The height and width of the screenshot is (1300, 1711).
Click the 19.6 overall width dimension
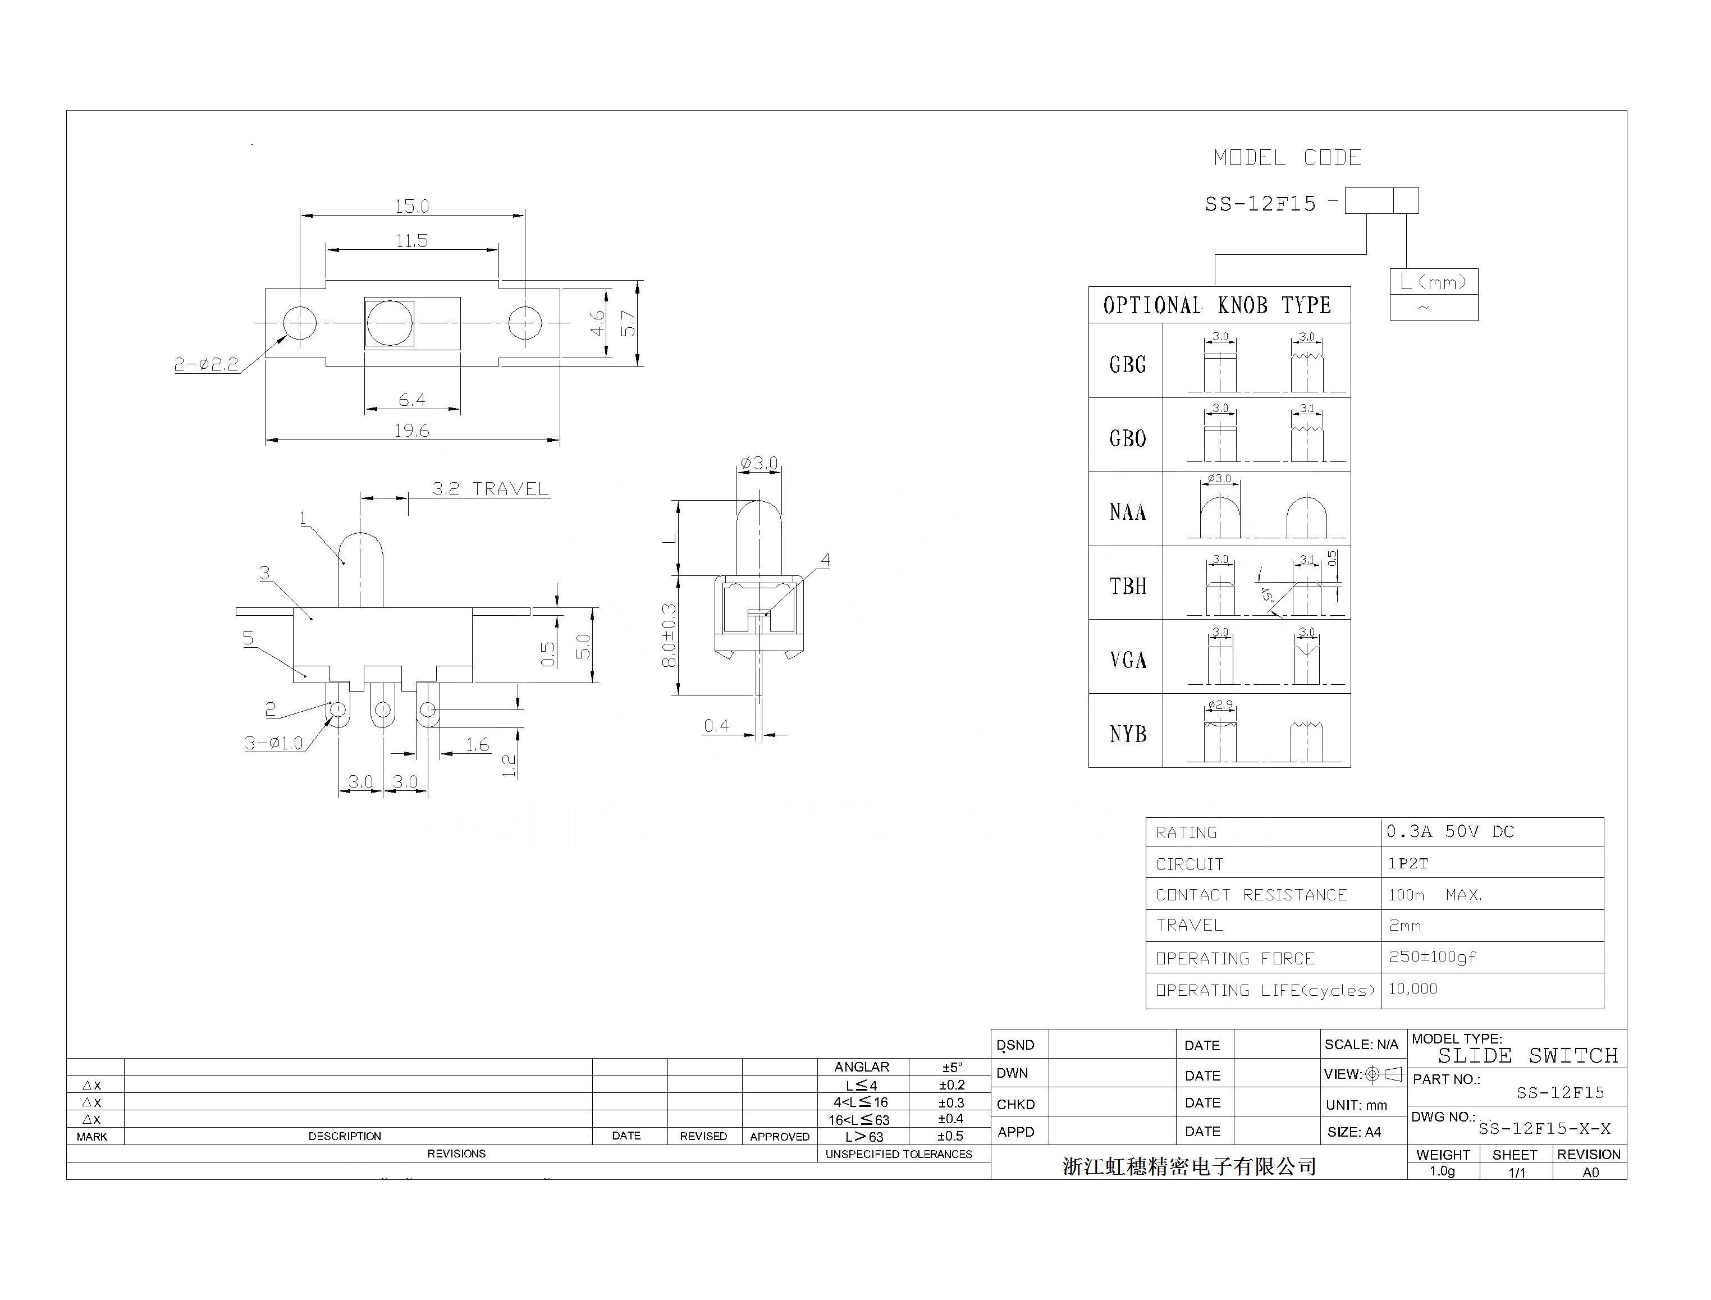411,431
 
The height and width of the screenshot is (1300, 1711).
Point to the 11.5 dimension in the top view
411,241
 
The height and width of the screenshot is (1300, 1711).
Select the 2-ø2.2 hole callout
206,364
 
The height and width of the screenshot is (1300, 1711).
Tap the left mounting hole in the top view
300,323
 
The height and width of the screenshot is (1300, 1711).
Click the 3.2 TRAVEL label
490,489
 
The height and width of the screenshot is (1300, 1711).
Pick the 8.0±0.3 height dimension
669,635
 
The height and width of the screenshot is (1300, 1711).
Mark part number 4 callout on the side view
826,560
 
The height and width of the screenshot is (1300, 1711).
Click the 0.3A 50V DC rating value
1450,832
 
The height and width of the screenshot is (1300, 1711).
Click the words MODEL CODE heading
1287,158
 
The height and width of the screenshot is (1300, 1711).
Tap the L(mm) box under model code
1433,282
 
